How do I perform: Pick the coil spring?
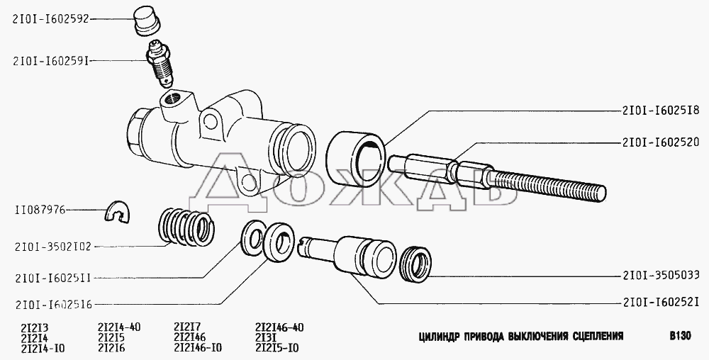click(185, 226)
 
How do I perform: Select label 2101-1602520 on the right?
click(661, 142)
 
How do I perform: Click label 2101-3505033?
click(661, 275)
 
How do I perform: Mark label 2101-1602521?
click(661, 302)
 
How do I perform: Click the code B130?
click(681, 336)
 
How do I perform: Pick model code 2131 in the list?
click(266, 337)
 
